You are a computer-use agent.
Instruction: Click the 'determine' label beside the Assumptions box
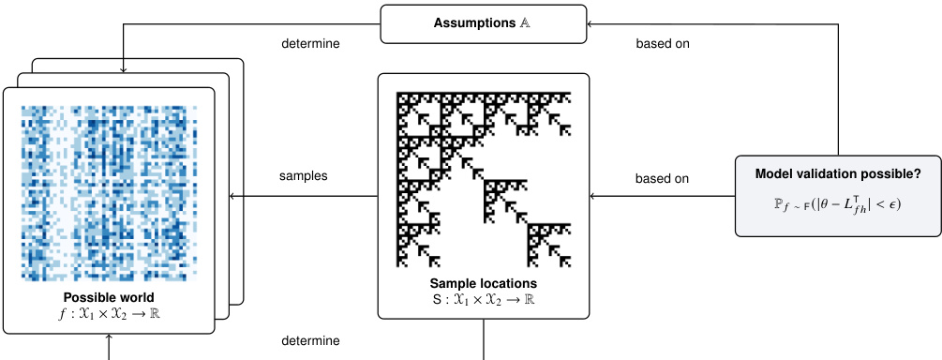(310, 42)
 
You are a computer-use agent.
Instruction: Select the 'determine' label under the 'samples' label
(310, 340)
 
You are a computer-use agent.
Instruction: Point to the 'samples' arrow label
(304, 176)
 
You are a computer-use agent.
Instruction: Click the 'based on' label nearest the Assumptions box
(663, 42)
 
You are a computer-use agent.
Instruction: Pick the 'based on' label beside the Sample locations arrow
(663, 177)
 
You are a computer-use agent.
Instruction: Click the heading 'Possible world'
(109, 298)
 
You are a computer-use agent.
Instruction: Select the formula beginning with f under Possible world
(109, 314)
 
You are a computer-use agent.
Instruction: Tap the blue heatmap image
(109, 192)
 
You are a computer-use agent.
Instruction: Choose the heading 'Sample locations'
(483, 282)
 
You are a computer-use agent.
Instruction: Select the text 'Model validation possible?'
(838, 175)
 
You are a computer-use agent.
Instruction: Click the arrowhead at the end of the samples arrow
(221, 196)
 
